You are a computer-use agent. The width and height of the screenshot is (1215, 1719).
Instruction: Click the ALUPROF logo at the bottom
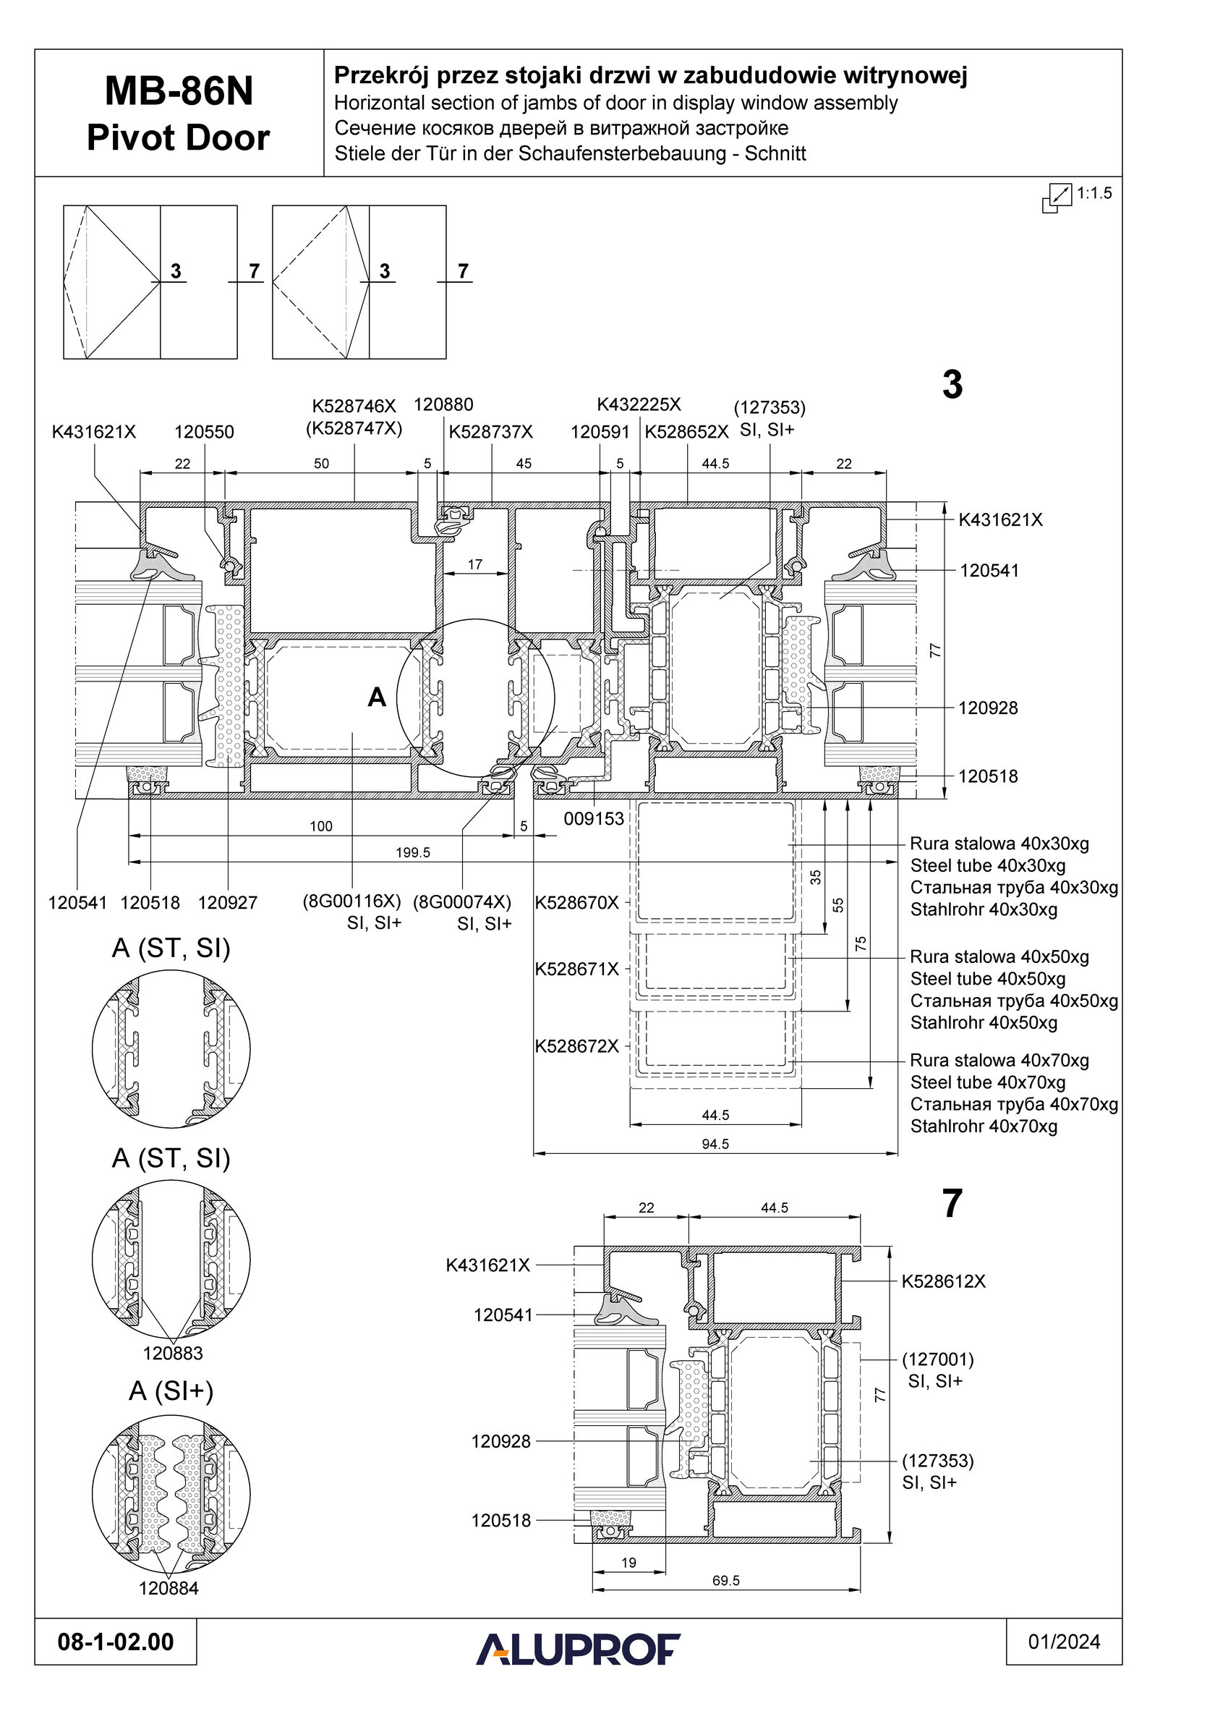pos(578,1649)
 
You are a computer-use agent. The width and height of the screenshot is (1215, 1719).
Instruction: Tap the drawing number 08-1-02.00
pos(115,1642)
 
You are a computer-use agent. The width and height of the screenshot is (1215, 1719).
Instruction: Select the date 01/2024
pos(1064,1642)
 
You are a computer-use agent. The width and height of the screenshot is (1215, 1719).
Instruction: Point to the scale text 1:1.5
pos(1093,193)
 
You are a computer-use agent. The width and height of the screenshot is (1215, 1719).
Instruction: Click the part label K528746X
pos(354,406)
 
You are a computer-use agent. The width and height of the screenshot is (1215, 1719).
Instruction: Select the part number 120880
pos(443,404)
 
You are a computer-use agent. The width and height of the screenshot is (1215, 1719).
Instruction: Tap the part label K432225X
pos(639,404)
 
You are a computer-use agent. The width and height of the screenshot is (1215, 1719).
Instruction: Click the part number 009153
pos(594,819)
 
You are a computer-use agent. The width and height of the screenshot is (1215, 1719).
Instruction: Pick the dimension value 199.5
pos(412,852)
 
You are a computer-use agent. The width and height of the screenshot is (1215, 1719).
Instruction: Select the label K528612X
pos(943,1281)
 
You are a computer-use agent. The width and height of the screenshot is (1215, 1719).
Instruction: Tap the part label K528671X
pos(576,969)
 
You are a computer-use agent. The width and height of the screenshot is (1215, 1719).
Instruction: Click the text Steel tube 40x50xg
pos(987,979)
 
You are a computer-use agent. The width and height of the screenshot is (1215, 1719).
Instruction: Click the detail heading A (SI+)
pos(171,1390)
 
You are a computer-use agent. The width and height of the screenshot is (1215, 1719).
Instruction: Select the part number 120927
pos(228,903)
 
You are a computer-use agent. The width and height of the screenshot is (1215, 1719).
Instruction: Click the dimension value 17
pos(474,564)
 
